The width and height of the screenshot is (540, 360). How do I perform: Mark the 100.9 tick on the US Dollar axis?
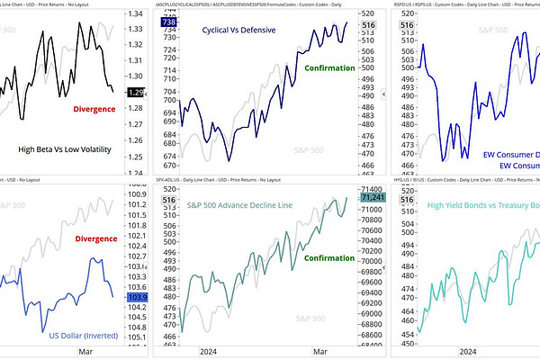point(139,194)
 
